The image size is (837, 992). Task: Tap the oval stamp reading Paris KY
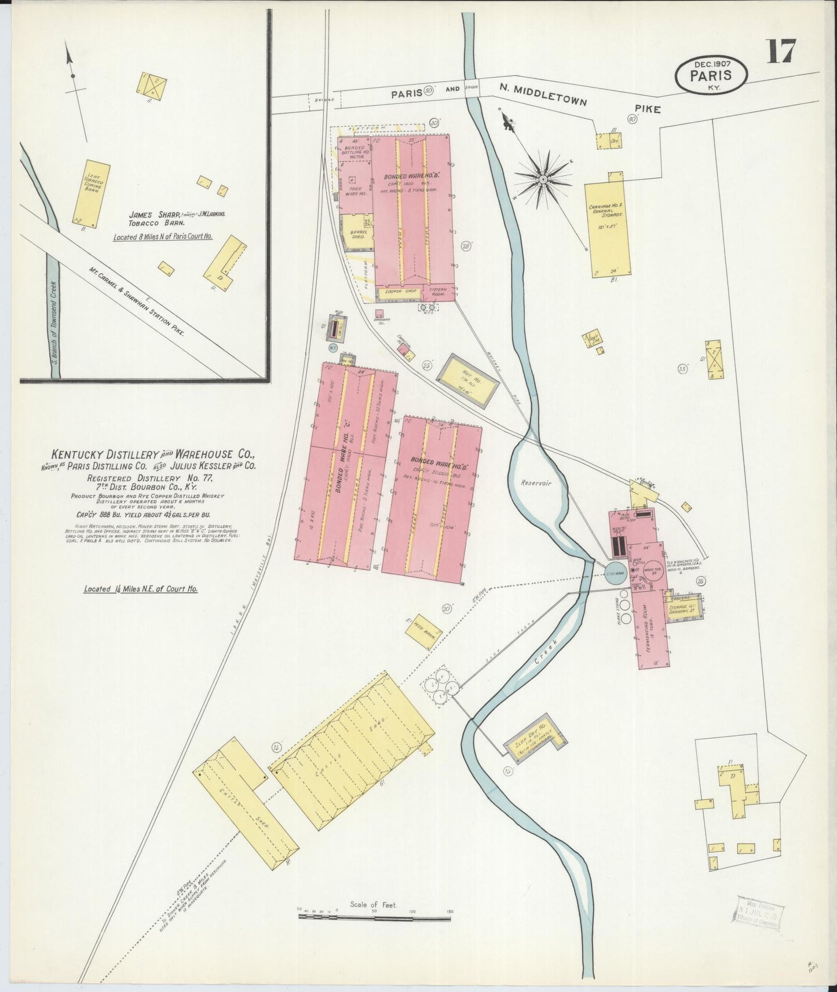(x=711, y=75)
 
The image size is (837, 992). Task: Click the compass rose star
(x=543, y=179)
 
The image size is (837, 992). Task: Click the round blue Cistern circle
(x=615, y=574)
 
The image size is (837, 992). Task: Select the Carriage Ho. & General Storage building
(x=607, y=229)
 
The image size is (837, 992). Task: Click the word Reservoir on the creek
(x=535, y=482)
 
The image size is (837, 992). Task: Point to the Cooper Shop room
(x=400, y=293)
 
